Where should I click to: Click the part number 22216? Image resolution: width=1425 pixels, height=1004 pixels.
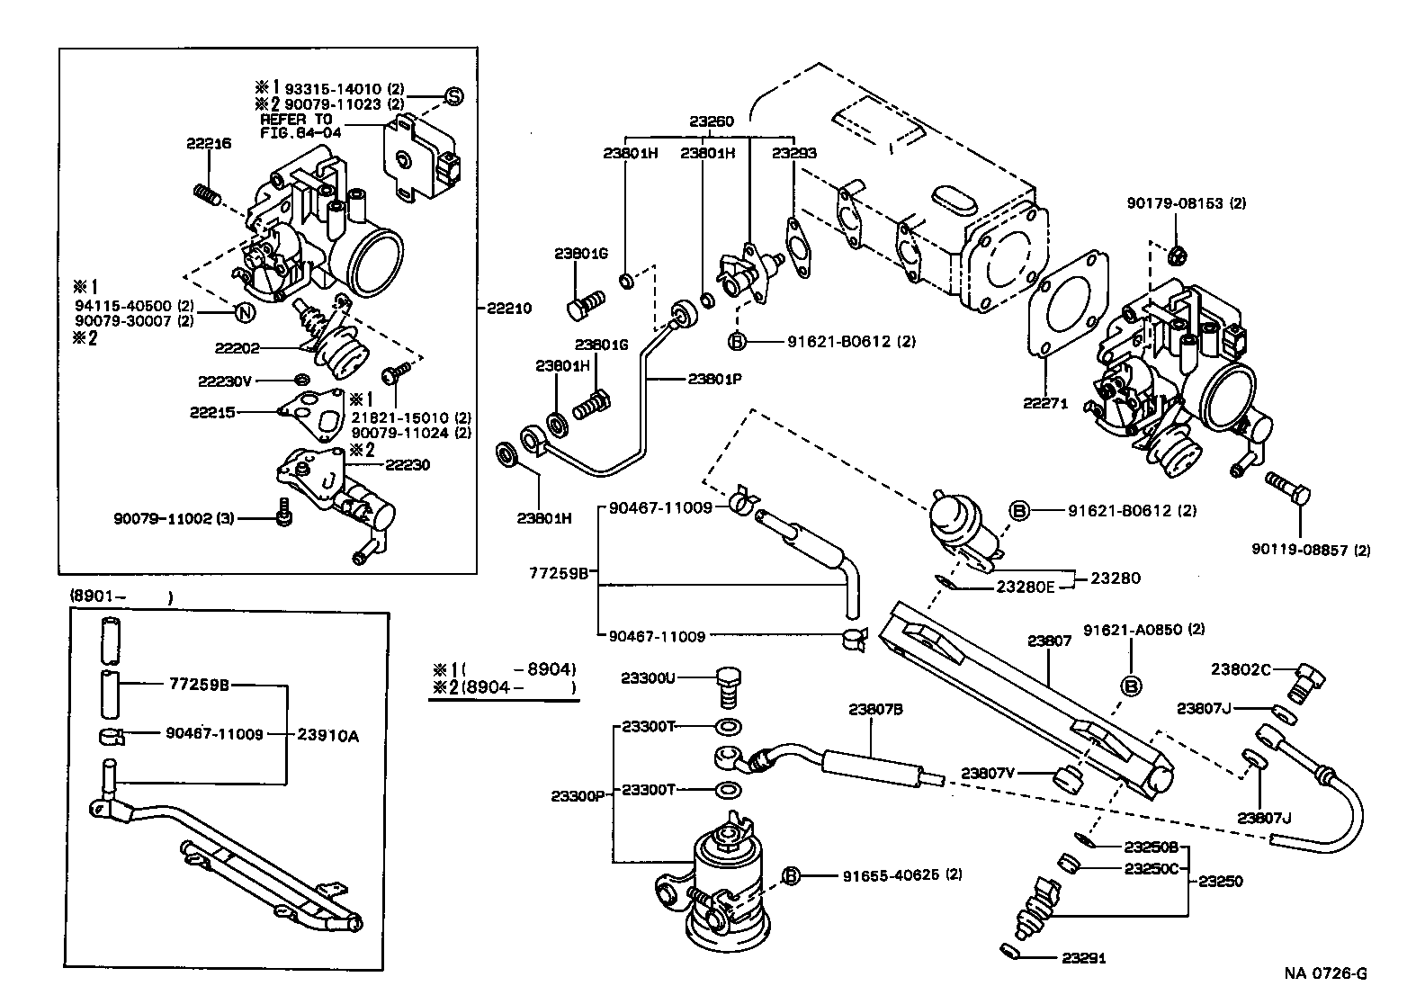209,144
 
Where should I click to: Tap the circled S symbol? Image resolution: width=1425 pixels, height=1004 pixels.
453,95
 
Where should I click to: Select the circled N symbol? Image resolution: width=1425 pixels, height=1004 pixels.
243,313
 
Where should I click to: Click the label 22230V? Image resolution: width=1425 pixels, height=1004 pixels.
225,381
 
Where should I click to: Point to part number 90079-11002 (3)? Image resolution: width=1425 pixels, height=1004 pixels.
174,519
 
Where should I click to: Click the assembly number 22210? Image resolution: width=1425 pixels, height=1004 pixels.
508,308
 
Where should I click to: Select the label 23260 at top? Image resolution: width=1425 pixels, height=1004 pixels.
712,121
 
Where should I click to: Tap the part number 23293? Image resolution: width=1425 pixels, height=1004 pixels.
793,153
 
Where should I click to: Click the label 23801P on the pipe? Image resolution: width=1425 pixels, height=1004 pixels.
714,379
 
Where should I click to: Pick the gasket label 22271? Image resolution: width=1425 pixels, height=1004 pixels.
1044,403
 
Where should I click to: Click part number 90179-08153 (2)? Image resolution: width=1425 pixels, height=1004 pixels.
1186,204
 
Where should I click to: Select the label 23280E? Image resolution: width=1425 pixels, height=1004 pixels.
1025,587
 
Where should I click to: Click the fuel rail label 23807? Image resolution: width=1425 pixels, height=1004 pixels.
1049,641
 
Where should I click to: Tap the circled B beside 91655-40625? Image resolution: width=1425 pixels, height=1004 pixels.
791,875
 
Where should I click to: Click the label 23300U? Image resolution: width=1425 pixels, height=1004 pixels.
648,677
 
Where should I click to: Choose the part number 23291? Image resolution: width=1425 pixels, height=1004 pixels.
1083,959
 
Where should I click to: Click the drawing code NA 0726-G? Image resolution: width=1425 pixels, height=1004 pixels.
1325,973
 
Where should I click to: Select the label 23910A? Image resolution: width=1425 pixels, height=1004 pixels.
328,735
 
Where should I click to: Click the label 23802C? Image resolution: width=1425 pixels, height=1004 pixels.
1241,668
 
